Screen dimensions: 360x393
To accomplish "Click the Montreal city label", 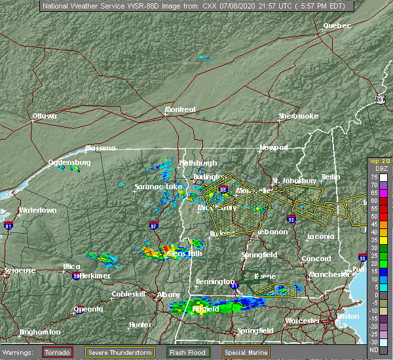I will (180, 109).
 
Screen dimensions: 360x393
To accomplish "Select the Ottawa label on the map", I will (45, 116).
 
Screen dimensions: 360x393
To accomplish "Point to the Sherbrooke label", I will (298, 116).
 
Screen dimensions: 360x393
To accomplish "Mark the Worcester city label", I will (302, 321).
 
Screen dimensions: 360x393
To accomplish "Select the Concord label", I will (316, 259).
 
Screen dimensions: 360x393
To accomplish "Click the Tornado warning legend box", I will (58, 351).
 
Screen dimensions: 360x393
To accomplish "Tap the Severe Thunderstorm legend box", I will (120, 351).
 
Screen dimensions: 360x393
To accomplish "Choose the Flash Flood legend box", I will (188, 351).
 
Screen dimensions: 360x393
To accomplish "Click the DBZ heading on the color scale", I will (374, 169).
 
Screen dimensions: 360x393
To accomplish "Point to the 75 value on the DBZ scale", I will (373, 177).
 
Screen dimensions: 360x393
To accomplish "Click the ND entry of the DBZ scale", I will (373, 349).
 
